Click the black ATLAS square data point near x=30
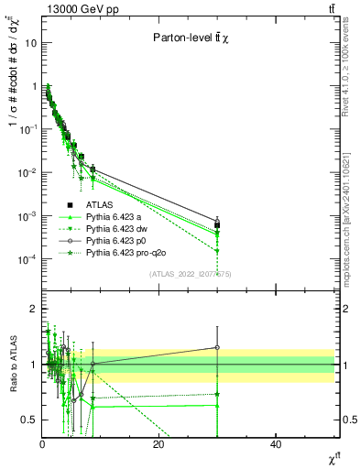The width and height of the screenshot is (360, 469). pos(217,224)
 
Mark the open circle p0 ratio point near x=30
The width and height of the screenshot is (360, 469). pos(217,347)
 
